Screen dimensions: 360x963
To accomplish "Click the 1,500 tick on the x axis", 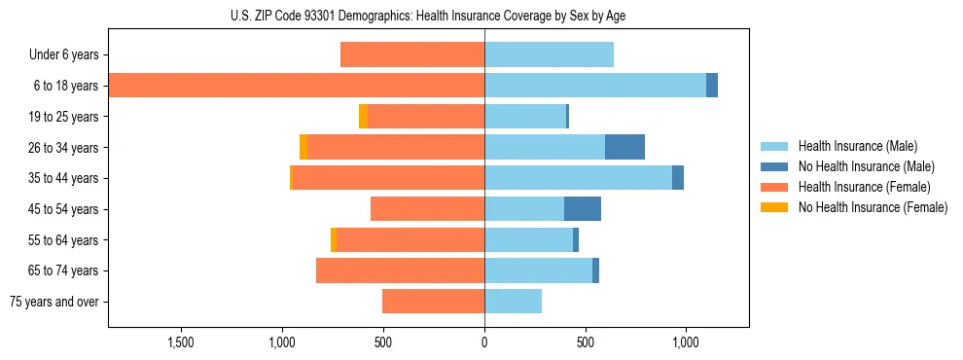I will (182, 343).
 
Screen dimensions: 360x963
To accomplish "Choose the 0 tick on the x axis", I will (484, 343).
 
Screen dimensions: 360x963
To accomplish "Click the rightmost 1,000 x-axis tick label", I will (686, 343).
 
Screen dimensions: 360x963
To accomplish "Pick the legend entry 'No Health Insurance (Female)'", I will (873, 207).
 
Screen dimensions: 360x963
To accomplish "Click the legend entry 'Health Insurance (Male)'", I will (858, 146).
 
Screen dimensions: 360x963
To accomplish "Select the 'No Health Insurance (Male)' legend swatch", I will (775, 166).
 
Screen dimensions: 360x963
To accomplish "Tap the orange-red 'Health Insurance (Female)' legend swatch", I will (775, 187).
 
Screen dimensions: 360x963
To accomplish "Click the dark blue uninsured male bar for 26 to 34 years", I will (624, 147).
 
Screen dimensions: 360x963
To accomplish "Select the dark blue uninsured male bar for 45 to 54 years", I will (583, 209).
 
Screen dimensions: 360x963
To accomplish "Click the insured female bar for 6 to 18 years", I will (297, 86).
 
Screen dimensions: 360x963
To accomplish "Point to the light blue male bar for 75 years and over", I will (513, 302).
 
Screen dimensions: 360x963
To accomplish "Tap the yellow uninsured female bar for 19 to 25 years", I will (363, 117).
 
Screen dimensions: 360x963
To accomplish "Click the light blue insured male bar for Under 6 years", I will (549, 55).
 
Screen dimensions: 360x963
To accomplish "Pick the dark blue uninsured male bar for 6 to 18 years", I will (712, 86).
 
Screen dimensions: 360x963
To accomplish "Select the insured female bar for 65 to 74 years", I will (400, 270).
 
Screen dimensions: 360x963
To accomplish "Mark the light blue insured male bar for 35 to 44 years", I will (578, 178).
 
